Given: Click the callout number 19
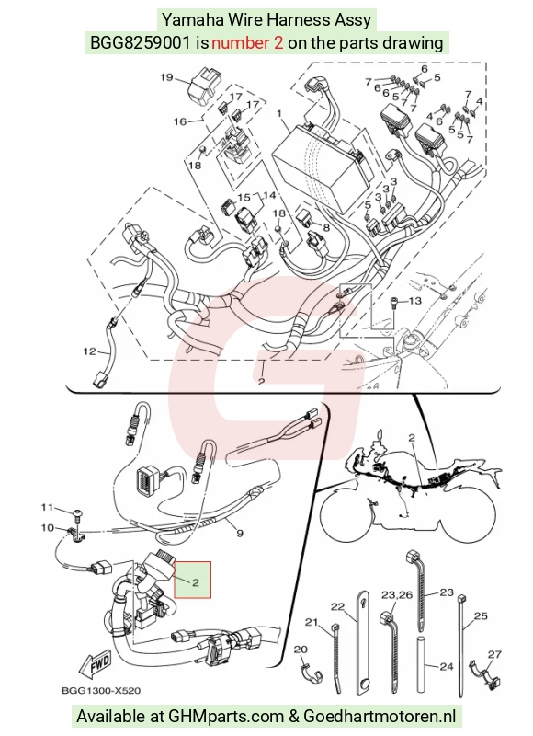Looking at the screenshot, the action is pyautogui.click(x=166, y=77).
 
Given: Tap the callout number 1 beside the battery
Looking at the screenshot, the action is pyautogui.click(x=279, y=113).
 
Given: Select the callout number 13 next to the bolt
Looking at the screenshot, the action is pyautogui.click(x=414, y=301).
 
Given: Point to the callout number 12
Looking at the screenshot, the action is pyautogui.click(x=89, y=351).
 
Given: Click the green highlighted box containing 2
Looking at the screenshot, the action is pyautogui.click(x=193, y=580).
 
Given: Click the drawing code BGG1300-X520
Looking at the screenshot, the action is pyautogui.click(x=101, y=691).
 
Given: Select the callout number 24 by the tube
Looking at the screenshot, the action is pyautogui.click(x=448, y=665).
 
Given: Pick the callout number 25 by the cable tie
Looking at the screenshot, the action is pyautogui.click(x=481, y=615).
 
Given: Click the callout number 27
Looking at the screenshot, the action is pyautogui.click(x=494, y=654).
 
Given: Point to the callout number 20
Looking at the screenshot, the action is pyautogui.click(x=301, y=650).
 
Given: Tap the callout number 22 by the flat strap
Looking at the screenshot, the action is pyautogui.click(x=337, y=607).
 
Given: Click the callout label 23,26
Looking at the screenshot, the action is pyautogui.click(x=397, y=595).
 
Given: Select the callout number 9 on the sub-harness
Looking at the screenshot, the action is pyautogui.click(x=240, y=534).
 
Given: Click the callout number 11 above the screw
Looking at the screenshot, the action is pyautogui.click(x=48, y=508).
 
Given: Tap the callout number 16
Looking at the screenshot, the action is pyautogui.click(x=180, y=121).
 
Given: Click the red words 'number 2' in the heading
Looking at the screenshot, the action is pyautogui.click(x=247, y=43).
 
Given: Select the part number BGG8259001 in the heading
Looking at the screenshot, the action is pyautogui.click(x=141, y=43).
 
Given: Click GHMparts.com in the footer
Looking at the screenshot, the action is pyautogui.click(x=226, y=717).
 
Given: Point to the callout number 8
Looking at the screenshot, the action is pyautogui.click(x=326, y=227).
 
